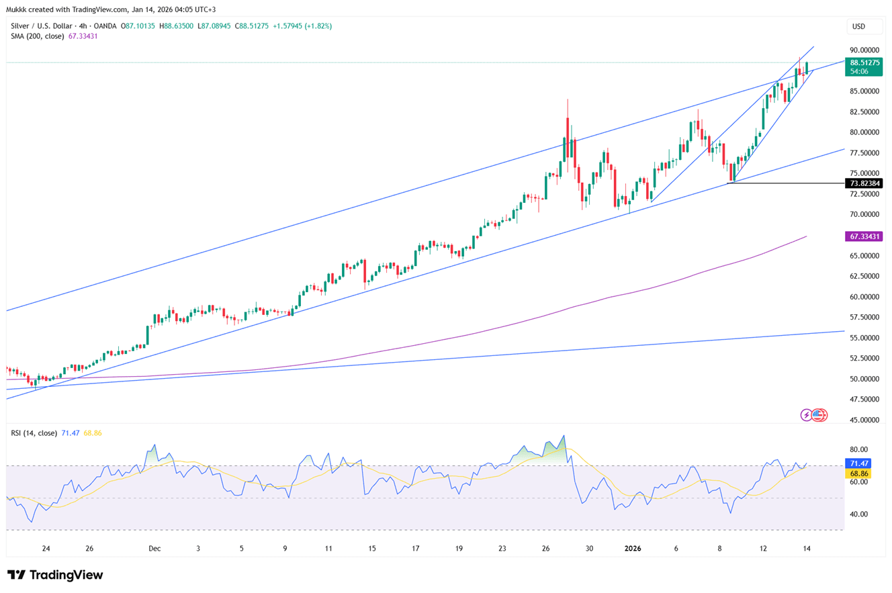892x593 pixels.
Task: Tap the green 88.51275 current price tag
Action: point(863,62)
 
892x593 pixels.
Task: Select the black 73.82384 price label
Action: point(863,183)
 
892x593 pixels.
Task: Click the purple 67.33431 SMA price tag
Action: point(863,236)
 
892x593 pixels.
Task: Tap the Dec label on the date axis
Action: point(155,549)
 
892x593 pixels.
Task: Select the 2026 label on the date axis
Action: point(633,549)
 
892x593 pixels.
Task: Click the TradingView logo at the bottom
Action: point(55,575)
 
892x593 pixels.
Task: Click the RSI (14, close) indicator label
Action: point(34,433)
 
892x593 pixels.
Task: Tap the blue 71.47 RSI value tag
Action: point(860,463)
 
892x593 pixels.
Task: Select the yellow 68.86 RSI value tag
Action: point(860,473)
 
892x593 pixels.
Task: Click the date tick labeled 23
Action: point(502,549)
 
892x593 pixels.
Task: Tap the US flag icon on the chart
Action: point(819,415)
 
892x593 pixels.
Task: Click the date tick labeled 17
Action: point(416,549)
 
